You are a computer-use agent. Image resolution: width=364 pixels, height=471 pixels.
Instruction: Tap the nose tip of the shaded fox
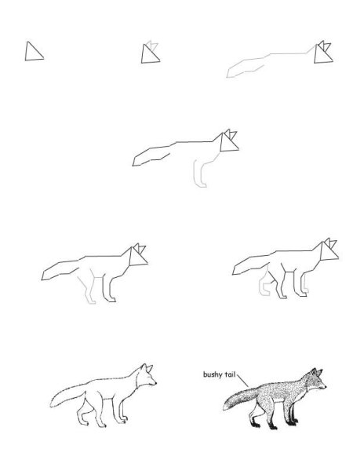click(326, 387)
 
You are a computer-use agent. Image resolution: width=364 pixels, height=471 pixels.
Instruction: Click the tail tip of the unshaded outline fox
click(51, 406)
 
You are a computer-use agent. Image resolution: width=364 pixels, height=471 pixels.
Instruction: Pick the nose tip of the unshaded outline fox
click(156, 383)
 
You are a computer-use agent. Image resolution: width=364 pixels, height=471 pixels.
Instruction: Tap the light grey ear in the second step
click(153, 46)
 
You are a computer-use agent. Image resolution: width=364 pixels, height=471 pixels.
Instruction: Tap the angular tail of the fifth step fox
click(60, 270)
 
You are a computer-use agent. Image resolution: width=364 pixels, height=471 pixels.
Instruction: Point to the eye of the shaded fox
click(318, 380)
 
